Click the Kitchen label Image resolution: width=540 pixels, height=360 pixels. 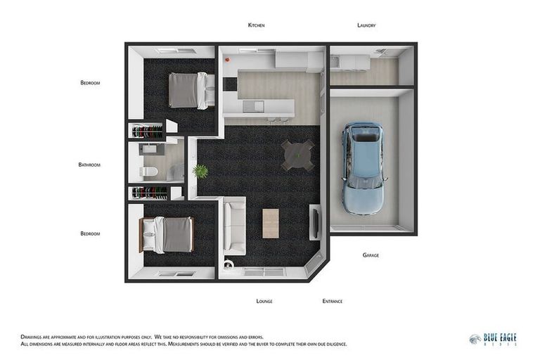(x=256, y=25)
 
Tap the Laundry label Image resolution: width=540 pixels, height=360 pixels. (x=366, y=25)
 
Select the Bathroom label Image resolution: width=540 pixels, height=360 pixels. (x=89, y=165)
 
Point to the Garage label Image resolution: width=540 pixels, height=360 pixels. (x=371, y=255)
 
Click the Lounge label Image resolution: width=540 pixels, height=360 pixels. (x=264, y=301)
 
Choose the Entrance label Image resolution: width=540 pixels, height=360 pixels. (x=333, y=301)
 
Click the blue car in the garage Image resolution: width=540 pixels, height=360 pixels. (x=364, y=167)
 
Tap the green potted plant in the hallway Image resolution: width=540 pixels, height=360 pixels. (x=200, y=171)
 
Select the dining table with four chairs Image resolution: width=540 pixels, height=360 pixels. (x=297, y=155)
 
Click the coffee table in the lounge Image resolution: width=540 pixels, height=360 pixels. (x=271, y=223)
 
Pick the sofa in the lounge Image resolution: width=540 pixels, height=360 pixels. (x=234, y=226)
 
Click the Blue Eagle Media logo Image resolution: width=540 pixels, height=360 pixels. (x=494, y=339)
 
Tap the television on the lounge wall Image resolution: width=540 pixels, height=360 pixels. (x=314, y=221)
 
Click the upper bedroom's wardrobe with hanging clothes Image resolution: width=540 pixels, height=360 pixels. (x=147, y=131)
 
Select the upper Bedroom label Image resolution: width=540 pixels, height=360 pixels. (x=90, y=83)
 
